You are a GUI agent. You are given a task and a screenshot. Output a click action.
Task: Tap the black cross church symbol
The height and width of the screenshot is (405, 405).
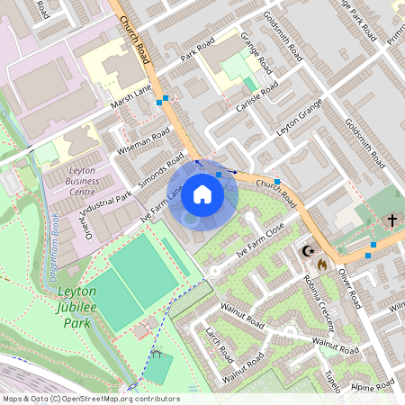(391, 220)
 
